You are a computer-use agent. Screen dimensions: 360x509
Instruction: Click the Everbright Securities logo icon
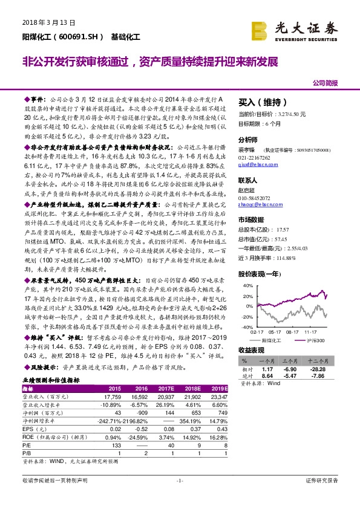coord(260,30)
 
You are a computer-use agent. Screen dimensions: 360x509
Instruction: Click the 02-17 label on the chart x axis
coord(257,332)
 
